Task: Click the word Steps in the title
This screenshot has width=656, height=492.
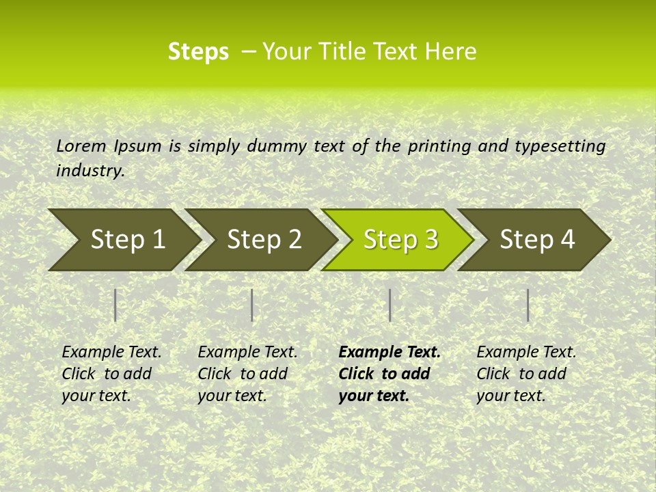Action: [198, 52]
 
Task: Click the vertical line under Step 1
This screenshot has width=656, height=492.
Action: [115, 305]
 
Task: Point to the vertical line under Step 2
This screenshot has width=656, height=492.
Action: [252, 305]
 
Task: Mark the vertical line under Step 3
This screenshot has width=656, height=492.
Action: [389, 305]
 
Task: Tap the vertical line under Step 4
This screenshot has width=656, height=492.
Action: [528, 305]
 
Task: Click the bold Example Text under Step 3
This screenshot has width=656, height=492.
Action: [389, 374]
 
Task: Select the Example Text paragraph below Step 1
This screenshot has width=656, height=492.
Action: [111, 374]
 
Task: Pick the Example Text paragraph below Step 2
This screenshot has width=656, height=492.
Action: [247, 374]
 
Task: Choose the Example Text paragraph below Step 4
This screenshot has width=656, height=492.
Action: [526, 374]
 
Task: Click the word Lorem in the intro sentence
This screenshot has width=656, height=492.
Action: [81, 146]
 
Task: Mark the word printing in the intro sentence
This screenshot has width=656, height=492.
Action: [438, 146]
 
